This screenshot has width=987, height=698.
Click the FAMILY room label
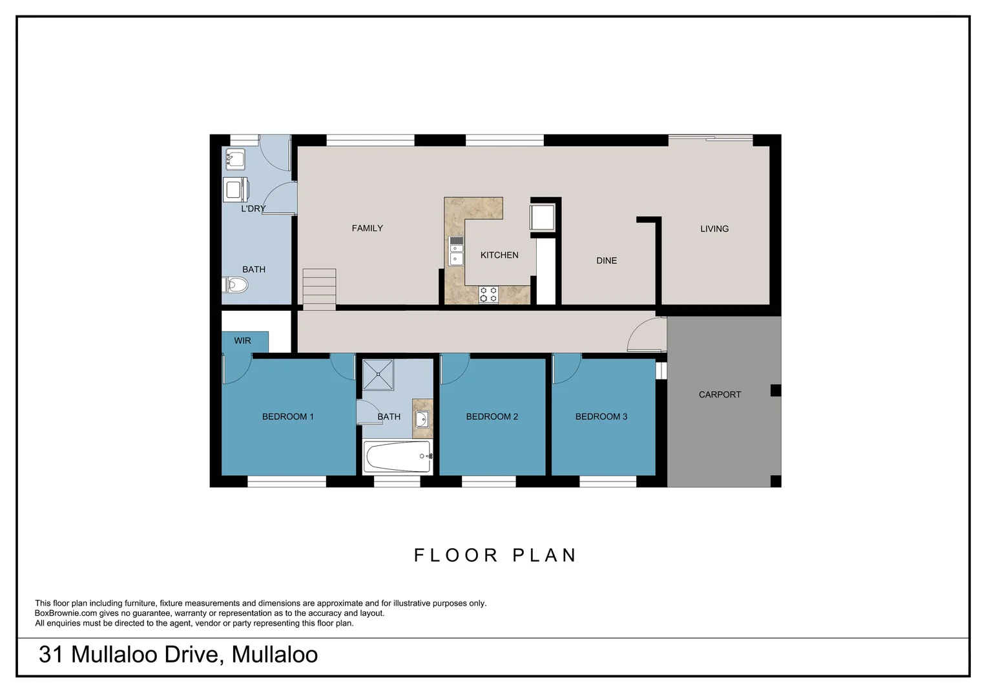coord(367,228)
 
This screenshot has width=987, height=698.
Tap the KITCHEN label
coord(499,255)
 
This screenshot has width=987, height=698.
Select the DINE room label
coord(606,260)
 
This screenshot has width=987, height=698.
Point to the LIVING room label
coord(714,229)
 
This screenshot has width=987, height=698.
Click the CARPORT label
coord(720,394)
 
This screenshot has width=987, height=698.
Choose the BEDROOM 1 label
coord(287,417)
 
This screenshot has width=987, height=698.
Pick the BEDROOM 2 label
coord(492,417)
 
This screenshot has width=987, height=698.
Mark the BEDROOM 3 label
coord(601,417)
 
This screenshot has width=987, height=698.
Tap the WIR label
coord(242,341)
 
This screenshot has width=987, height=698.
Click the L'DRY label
coord(253,209)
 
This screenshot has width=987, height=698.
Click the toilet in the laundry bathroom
coord(236,284)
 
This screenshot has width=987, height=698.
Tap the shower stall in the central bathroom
coord(378,375)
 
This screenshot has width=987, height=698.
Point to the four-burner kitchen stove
coord(488,295)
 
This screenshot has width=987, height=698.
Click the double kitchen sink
coord(456,251)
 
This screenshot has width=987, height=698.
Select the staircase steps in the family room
coord(319,289)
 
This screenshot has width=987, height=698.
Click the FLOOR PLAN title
coord(495,555)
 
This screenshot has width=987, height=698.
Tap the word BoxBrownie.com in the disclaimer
coord(66,613)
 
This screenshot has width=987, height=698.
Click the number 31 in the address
coord(50,655)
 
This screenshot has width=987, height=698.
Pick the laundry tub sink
coord(235,158)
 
